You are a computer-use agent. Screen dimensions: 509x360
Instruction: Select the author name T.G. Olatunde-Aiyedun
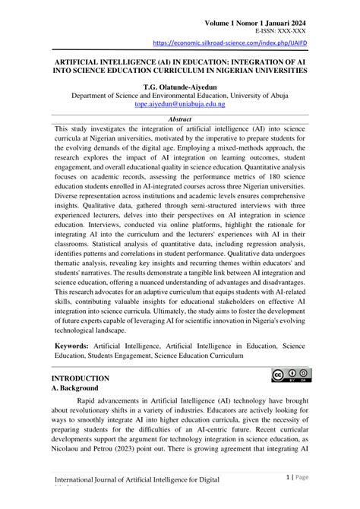pos(180,87)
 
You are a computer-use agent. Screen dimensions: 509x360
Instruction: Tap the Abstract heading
pos(180,119)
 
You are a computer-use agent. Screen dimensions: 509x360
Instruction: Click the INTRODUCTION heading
pos(81,378)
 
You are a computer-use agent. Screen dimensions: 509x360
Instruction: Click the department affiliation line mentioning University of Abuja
pos(180,97)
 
